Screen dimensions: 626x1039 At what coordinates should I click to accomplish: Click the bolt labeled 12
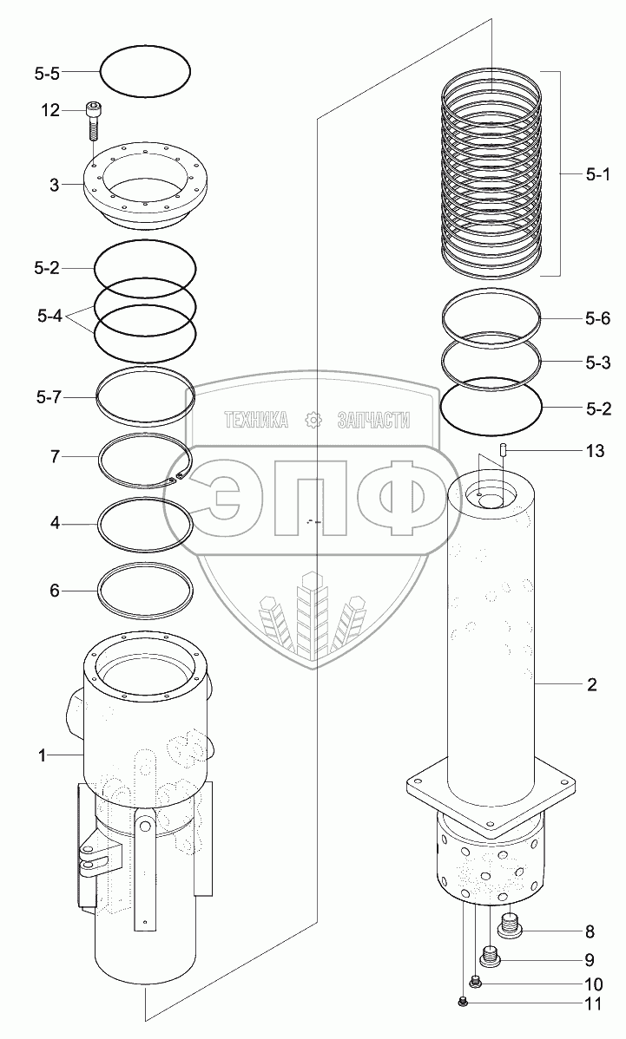pos(93,120)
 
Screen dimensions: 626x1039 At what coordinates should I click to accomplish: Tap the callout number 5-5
pos(47,73)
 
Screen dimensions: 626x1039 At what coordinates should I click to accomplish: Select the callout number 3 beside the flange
pos(55,185)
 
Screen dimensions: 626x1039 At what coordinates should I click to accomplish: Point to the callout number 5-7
pos(47,398)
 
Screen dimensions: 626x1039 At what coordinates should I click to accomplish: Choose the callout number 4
pos(55,524)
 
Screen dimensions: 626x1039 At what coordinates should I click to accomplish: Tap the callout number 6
pos(55,590)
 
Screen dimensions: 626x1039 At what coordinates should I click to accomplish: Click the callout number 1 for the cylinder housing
pos(42,755)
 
